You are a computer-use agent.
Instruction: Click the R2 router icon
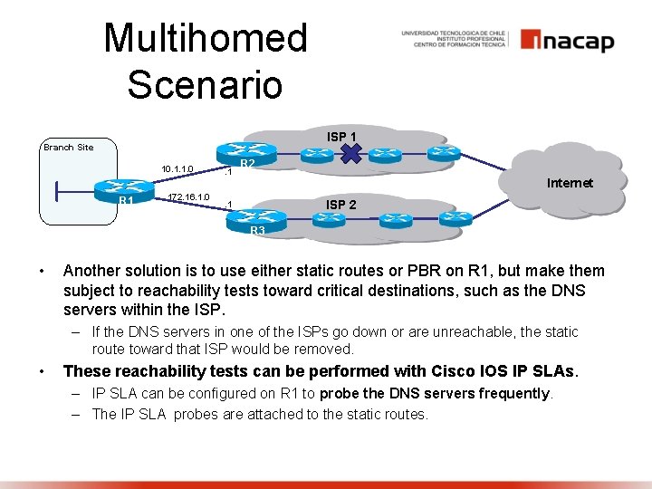coord(247,151)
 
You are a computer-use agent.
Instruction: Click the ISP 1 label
coord(340,137)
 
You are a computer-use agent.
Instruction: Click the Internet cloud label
coord(570,183)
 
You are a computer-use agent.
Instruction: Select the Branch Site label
coord(68,147)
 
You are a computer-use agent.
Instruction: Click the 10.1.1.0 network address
coord(177,168)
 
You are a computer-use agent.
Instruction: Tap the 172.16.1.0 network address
coord(187,197)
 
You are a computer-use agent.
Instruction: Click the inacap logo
coord(567,41)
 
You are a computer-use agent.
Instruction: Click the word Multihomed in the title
coord(206,39)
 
